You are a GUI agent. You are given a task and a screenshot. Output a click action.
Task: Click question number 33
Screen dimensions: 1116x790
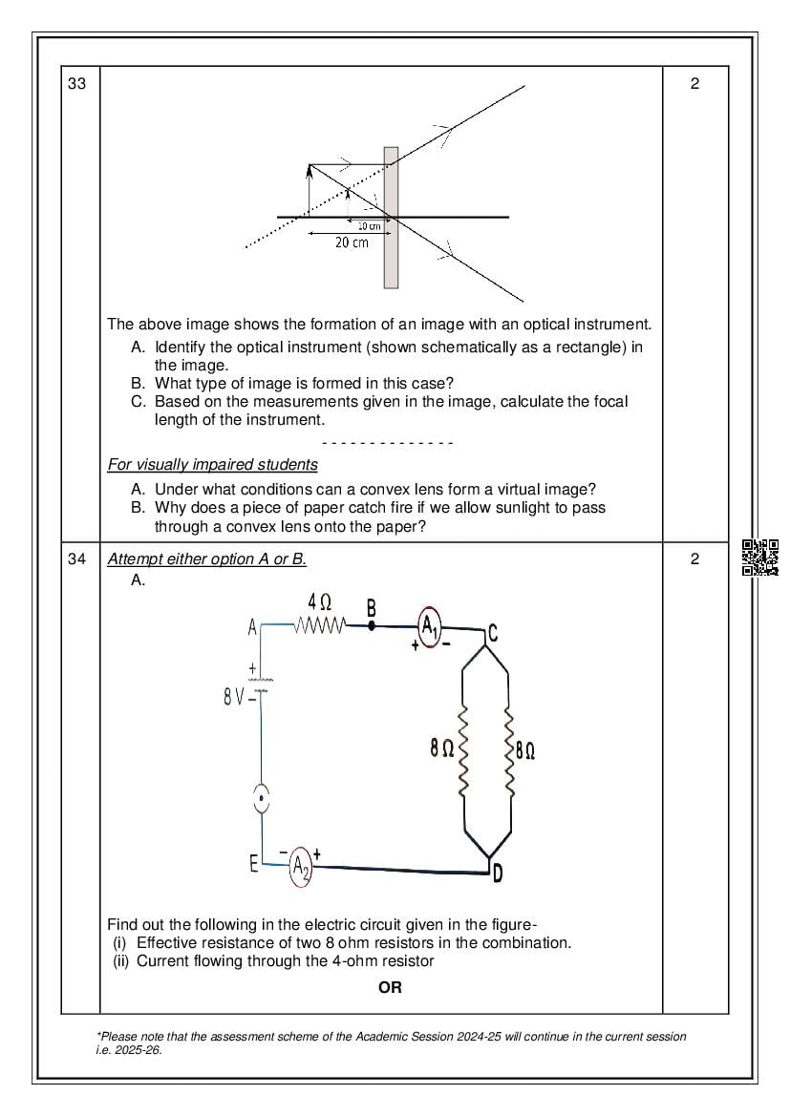click(x=77, y=84)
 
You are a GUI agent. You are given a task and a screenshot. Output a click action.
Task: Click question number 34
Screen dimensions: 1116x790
click(x=77, y=559)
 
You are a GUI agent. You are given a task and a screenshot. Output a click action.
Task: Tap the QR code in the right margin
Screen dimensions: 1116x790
click(x=760, y=558)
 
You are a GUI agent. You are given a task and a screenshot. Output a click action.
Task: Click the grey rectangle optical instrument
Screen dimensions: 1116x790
click(x=391, y=218)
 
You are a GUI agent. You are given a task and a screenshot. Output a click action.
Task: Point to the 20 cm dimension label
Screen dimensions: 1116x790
click(x=352, y=243)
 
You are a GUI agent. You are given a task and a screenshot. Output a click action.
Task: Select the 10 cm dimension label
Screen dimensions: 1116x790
click(x=369, y=226)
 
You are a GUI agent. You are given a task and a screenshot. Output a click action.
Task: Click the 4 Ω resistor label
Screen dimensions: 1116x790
click(x=320, y=602)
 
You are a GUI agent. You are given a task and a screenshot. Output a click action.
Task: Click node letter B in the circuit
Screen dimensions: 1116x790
click(x=372, y=608)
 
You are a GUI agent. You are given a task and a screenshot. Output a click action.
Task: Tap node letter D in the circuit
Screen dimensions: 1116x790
click(x=498, y=873)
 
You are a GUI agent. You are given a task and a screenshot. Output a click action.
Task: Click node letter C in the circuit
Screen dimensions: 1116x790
click(x=492, y=631)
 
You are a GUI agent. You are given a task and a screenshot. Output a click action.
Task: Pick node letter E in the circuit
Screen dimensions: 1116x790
click(x=253, y=864)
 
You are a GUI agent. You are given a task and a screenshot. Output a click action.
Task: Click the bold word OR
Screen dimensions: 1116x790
click(x=390, y=987)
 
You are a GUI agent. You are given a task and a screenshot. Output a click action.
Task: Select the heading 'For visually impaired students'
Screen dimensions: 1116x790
click(x=212, y=465)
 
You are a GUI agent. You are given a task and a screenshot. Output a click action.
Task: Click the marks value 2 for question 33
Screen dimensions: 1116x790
click(x=694, y=84)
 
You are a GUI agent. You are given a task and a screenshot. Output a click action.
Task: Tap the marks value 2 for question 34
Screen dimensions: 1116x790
click(x=694, y=559)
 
